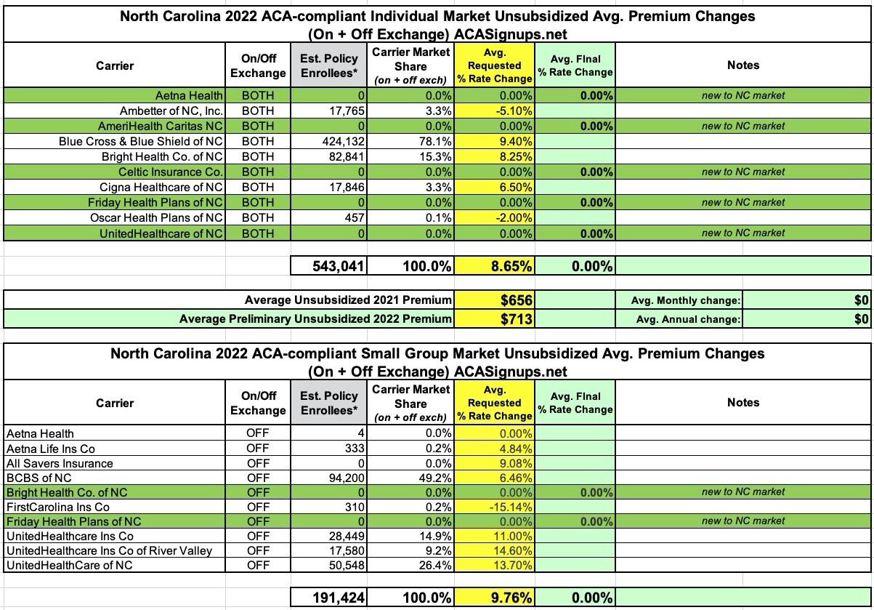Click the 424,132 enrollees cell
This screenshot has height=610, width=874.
(339, 142)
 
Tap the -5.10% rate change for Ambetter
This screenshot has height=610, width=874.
(513, 111)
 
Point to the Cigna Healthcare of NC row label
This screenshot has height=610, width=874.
(161, 188)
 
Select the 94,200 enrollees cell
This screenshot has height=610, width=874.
(341, 478)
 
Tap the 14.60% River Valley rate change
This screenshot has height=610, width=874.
(513, 551)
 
